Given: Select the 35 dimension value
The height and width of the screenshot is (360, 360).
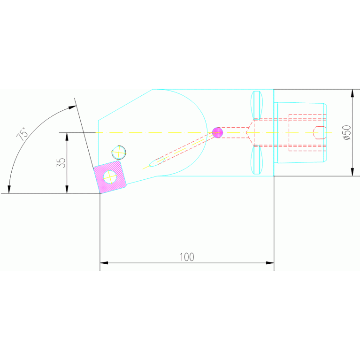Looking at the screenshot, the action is (x=61, y=163).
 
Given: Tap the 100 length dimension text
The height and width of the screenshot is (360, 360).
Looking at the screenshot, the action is (x=187, y=257).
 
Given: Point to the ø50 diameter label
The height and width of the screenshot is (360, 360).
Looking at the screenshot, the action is (x=347, y=132).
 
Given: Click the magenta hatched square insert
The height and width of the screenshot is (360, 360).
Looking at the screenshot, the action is (x=110, y=176).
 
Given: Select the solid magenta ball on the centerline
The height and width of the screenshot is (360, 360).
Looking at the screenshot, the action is (x=217, y=132).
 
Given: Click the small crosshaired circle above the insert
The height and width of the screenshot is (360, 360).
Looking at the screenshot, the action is (x=119, y=153).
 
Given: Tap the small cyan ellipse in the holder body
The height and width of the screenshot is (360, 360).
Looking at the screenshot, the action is (x=155, y=163).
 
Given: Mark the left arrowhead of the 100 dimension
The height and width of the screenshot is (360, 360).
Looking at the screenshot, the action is (x=104, y=263).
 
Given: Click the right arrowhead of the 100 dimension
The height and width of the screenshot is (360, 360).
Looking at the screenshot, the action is (x=270, y=263).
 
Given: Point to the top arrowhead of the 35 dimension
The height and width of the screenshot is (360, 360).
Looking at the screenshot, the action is (x=67, y=136).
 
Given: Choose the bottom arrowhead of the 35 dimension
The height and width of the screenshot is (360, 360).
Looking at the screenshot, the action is (x=67, y=190).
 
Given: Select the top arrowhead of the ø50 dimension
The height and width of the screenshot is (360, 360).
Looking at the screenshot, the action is (x=352, y=92).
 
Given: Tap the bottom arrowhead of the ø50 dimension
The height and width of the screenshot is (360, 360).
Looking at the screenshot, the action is (x=352, y=172).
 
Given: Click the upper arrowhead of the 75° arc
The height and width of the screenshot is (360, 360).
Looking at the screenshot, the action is (x=72, y=107).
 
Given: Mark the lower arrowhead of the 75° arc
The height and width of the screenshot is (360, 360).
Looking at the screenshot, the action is (x=9, y=189).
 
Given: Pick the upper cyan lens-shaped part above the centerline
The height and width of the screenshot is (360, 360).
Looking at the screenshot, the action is (x=257, y=105).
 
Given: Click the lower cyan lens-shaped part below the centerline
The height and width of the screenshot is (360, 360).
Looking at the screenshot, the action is (x=257, y=159).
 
